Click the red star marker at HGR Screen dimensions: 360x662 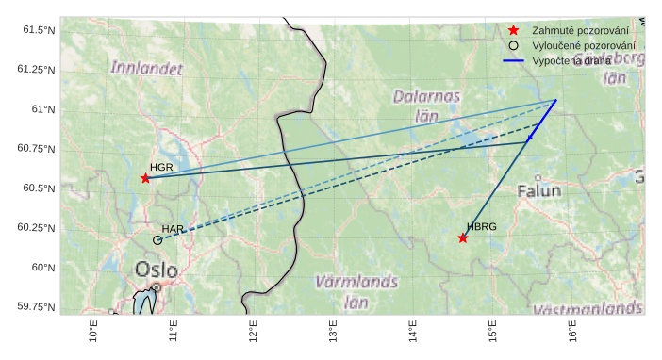point(145,178)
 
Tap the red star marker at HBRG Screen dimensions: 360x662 point(463,237)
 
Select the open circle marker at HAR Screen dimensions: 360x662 point(157,240)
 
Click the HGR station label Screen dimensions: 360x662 point(161,167)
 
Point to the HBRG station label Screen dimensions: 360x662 point(481,227)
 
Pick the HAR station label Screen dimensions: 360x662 point(173,229)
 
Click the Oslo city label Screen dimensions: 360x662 point(156,270)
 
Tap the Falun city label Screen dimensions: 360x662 point(538,191)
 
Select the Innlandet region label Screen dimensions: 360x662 point(146,68)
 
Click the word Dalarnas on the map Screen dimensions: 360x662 point(427,96)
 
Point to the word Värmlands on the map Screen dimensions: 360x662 point(356,282)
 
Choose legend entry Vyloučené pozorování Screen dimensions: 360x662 point(583,45)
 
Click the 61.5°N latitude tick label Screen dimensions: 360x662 point(39,30)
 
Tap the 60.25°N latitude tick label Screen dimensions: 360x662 point(36,228)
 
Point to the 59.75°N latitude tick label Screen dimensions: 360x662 point(36,307)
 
